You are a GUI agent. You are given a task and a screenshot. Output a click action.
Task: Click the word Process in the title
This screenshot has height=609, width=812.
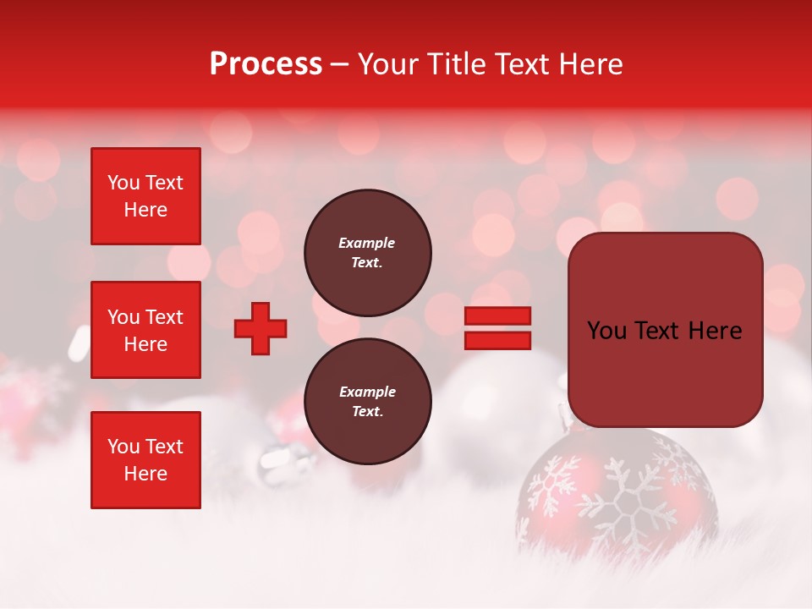(266, 64)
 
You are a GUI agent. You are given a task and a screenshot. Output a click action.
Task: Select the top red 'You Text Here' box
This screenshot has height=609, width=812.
(145, 196)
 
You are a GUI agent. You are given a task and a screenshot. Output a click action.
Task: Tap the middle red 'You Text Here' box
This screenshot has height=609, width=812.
(145, 330)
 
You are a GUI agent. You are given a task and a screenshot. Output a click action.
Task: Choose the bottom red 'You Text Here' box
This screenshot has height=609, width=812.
(145, 459)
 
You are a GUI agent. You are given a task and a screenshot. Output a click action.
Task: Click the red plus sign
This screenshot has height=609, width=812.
(261, 328)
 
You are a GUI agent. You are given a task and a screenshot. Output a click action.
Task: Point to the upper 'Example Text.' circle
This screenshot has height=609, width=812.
(367, 253)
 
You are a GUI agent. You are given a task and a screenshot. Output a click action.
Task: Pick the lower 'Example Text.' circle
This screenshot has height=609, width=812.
(367, 402)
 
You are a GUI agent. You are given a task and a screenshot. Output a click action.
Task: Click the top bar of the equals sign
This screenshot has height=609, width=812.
(497, 316)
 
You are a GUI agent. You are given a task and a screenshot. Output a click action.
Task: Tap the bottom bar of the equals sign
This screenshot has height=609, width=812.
(497, 340)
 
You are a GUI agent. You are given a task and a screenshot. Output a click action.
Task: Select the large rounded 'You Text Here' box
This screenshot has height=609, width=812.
(665, 330)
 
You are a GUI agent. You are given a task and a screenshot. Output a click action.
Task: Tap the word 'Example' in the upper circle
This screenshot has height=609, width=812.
(367, 243)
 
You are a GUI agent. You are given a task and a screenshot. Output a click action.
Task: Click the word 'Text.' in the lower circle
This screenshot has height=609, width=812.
(367, 412)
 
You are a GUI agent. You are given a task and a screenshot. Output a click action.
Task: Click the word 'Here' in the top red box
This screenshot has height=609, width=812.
(145, 210)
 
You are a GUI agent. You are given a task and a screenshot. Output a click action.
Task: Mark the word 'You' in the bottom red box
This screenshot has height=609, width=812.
(123, 446)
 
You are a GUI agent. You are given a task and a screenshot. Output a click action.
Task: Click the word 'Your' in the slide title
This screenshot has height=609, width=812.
(387, 64)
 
